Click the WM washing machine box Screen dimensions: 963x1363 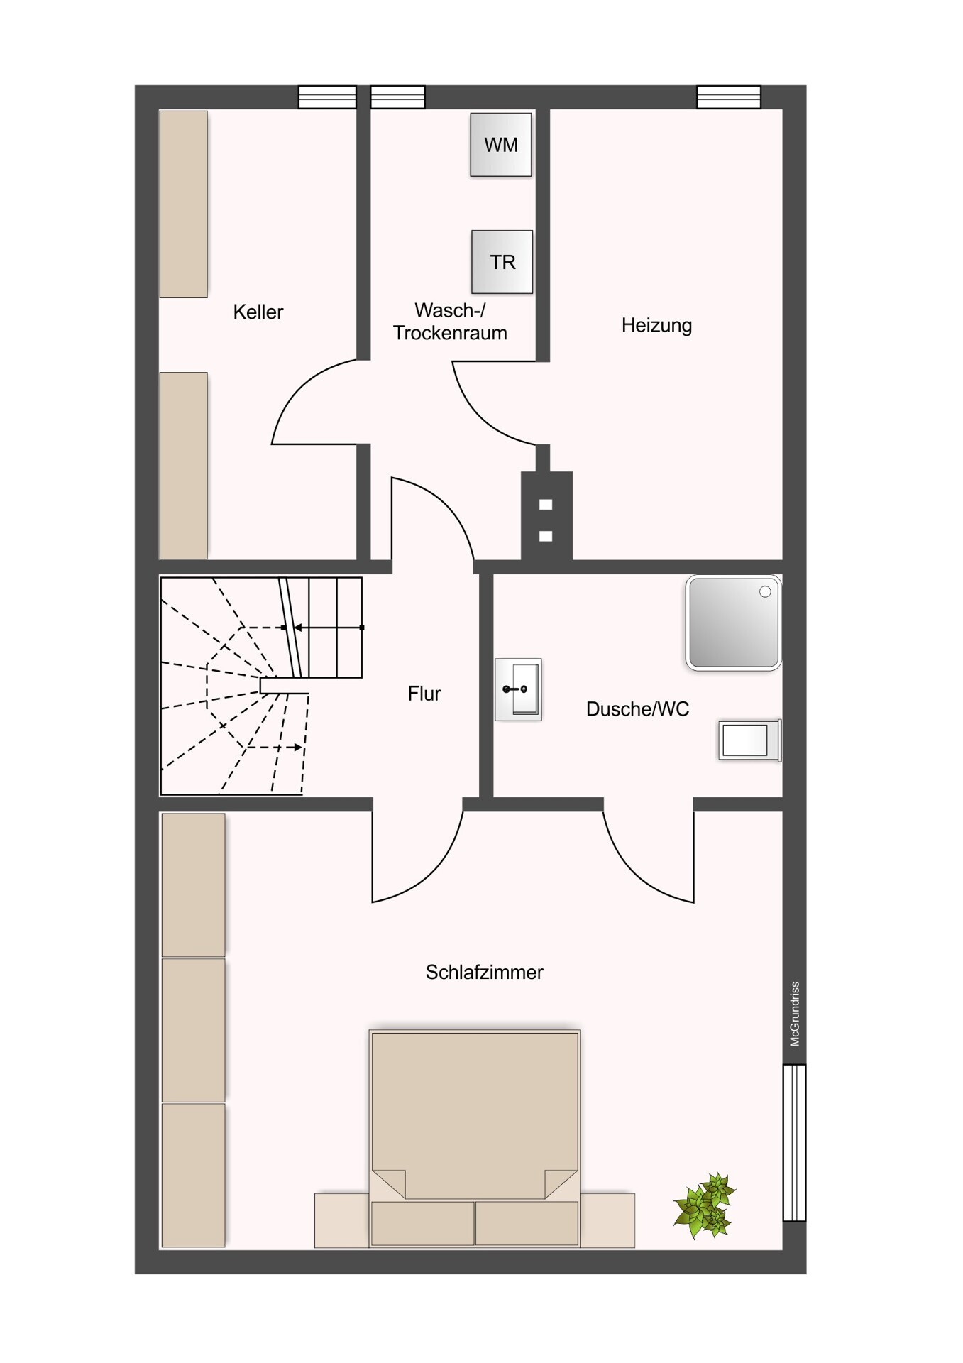point(501,145)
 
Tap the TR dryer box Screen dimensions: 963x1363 point(502,262)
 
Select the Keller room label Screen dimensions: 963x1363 point(258,312)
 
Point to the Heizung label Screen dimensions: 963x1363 point(656,325)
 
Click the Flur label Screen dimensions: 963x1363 point(424,694)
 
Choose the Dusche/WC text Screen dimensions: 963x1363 point(637,709)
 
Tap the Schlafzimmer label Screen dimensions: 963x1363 point(484,972)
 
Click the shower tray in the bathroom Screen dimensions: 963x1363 point(734,623)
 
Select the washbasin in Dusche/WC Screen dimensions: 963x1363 point(519,689)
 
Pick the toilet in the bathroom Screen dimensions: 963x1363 point(750,740)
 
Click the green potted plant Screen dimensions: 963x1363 point(705,1205)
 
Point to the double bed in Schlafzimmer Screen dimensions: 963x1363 point(475,1138)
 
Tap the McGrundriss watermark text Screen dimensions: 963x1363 point(795,1014)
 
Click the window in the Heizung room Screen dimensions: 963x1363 point(729,97)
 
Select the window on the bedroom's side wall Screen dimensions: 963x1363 point(795,1142)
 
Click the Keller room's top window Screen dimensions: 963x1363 point(327,97)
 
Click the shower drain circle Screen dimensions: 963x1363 point(765,592)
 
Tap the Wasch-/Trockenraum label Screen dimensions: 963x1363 point(450,322)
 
